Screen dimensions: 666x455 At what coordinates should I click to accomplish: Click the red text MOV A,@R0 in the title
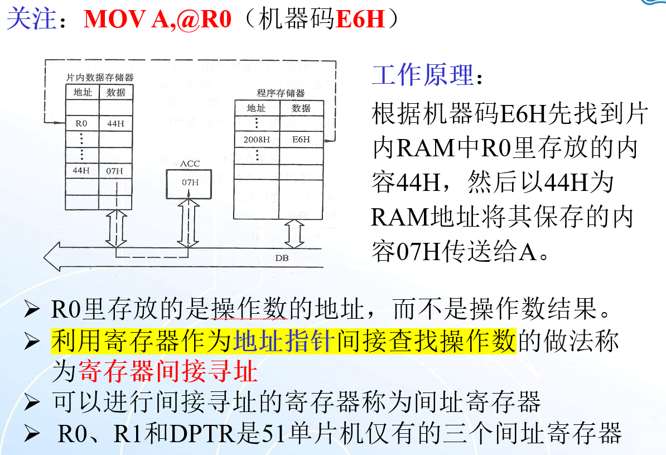tap(157, 20)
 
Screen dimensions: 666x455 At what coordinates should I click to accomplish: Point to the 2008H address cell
tap(256, 140)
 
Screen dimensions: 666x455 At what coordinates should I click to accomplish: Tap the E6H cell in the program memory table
tap(301, 140)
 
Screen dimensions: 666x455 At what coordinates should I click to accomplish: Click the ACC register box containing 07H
tap(190, 182)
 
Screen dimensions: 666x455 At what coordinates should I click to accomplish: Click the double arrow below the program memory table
tap(293, 233)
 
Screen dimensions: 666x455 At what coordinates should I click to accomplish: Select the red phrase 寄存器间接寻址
tap(168, 371)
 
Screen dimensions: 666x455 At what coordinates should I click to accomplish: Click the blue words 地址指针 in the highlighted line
tap(284, 341)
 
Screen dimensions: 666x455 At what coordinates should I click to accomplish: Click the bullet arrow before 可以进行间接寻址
tap(32, 403)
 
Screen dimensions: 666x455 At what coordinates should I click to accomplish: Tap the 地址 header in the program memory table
tap(256, 108)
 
